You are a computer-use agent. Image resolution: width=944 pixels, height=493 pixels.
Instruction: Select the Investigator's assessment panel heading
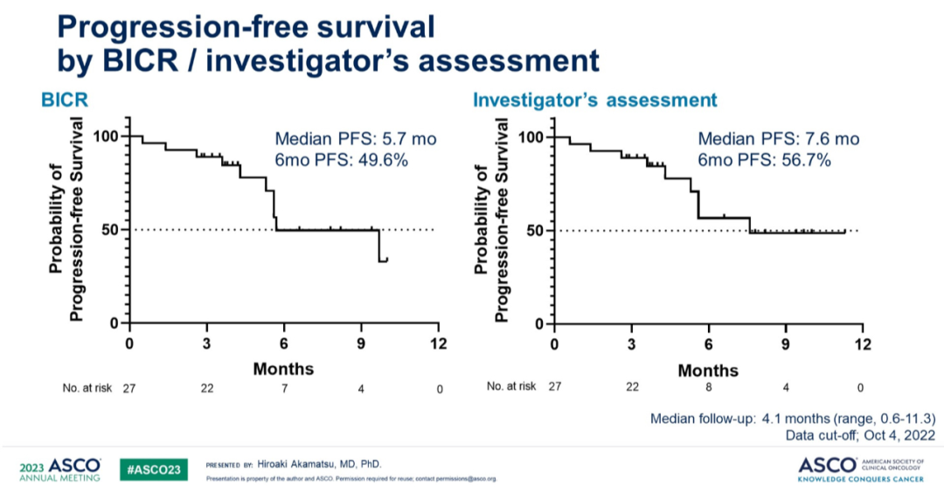[594, 101]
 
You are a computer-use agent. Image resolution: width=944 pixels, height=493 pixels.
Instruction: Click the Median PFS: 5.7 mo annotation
[356, 139]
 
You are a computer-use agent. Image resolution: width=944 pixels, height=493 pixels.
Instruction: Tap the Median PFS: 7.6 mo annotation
[779, 139]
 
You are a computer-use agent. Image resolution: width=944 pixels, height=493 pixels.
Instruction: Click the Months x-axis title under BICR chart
[283, 368]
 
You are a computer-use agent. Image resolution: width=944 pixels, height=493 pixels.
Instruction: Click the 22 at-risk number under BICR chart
[206, 388]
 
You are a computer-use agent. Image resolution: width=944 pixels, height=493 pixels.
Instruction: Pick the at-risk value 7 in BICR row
[283, 388]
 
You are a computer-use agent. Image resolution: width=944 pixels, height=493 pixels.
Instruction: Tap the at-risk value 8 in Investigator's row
[708, 388]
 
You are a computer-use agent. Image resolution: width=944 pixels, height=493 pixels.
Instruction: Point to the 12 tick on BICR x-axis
[437, 343]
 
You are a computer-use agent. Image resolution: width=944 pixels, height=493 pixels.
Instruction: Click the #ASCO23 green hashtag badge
[155, 469]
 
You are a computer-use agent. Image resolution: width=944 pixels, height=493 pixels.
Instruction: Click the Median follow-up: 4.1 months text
[793, 418]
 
